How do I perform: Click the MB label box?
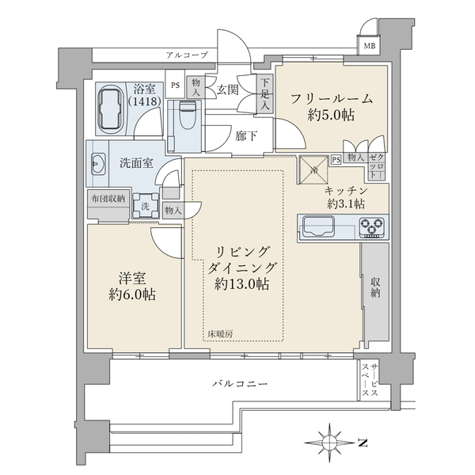[x=370, y=46]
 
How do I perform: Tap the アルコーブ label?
[x=187, y=55]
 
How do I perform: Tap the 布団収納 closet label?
[x=106, y=199]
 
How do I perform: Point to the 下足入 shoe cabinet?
[x=265, y=93]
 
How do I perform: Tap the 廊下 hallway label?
[x=246, y=135]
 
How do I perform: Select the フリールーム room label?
[x=332, y=99]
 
